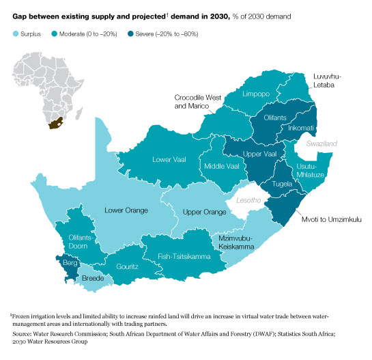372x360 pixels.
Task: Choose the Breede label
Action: click(94, 279)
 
